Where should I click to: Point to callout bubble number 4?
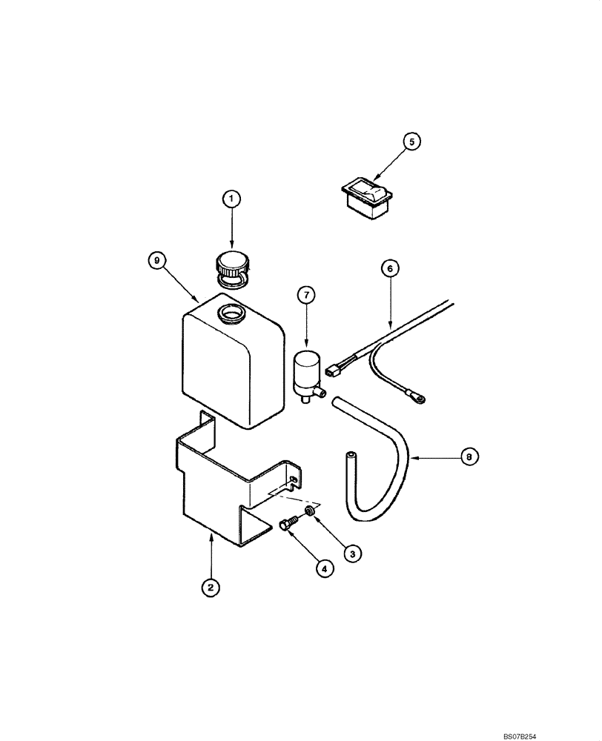pos(323,569)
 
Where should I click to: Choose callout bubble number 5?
pos(411,139)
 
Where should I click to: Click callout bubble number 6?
pos(391,268)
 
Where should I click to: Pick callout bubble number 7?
pos(306,295)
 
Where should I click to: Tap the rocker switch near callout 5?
pos(368,194)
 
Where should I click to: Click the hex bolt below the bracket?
pos(288,525)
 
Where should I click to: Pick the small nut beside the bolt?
pos(311,511)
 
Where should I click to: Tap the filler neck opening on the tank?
pos(232,313)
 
